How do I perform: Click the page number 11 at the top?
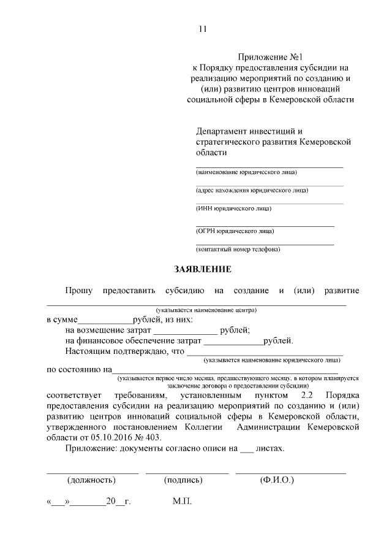tap(203, 29)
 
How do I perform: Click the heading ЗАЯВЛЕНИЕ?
tap(203, 269)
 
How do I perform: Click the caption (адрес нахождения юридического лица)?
tap(252, 190)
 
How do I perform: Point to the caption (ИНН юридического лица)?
tap(233, 209)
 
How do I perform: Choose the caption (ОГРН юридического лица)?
tap(235, 231)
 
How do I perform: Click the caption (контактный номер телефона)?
tap(238, 250)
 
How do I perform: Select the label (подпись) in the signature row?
tap(183, 480)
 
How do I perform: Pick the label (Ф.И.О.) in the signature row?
tap(277, 480)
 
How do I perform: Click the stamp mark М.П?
tap(183, 502)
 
